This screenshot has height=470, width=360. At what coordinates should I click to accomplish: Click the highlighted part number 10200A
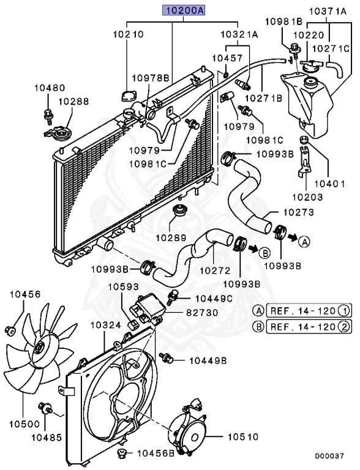[x=183, y=10]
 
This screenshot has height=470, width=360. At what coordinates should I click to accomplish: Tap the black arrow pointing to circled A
[x=293, y=236]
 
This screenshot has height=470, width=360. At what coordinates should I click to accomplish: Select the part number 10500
[x=22, y=423]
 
